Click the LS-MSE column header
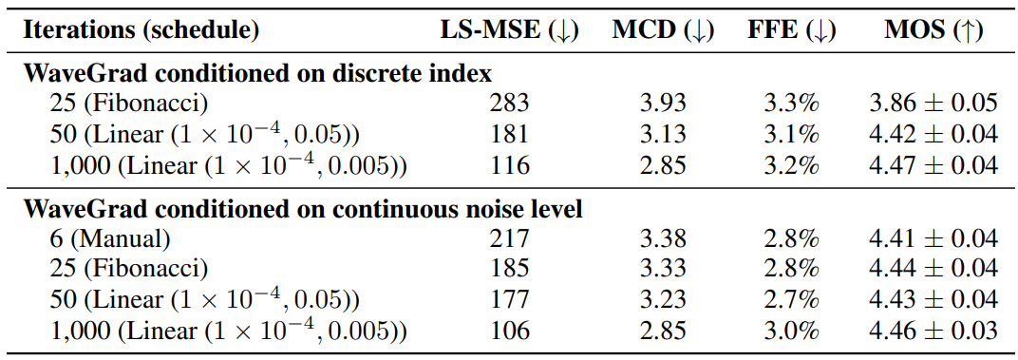tap(509, 31)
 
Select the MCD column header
tap(663, 31)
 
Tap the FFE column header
tap(792, 31)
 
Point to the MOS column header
tap(933, 31)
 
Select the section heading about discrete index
tap(257, 74)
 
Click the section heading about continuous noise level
tap(303, 210)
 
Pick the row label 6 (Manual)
tap(110, 239)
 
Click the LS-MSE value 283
tap(509, 104)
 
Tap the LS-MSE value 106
tap(509, 331)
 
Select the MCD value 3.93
tap(663, 104)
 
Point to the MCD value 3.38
tap(663, 239)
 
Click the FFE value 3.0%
tap(792, 331)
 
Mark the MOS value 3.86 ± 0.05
tap(933, 104)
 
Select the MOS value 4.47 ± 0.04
tap(933, 165)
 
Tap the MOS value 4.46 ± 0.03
tap(933, 331)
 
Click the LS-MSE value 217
tap(509, 239)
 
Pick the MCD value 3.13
tap(663, 135)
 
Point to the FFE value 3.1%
tap(792, 135)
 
